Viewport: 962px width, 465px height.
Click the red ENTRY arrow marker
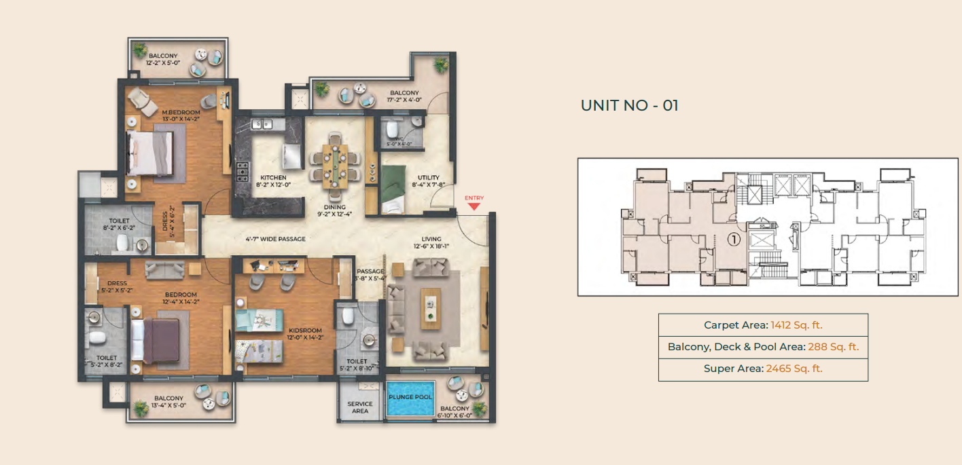pyautogui.click(x=474, y=206)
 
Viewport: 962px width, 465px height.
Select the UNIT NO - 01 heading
pyautogui.click(x=629, y=105)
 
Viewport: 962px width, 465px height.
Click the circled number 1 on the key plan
pyautogui.click(x=733, y=239)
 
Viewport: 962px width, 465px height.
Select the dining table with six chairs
pyautogui.click(x=334, y=164)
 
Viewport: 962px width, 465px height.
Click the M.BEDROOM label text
pyautogui.click(x=181, y=112)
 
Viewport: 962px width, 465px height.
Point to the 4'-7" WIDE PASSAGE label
pyautogui.click(x=275, y=239)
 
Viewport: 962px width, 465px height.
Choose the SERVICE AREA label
pyautogui.click(x=360, y=407)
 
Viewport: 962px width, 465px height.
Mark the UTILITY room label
pyautogui.click(x=429, y=177)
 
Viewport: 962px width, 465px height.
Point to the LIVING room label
pyautogui.click(x=431, y=239)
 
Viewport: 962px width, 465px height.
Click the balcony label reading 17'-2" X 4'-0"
pyautogui.click(x=404, y=97)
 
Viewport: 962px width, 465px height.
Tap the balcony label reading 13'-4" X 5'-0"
pyautogui.click(x=168, y=403)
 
